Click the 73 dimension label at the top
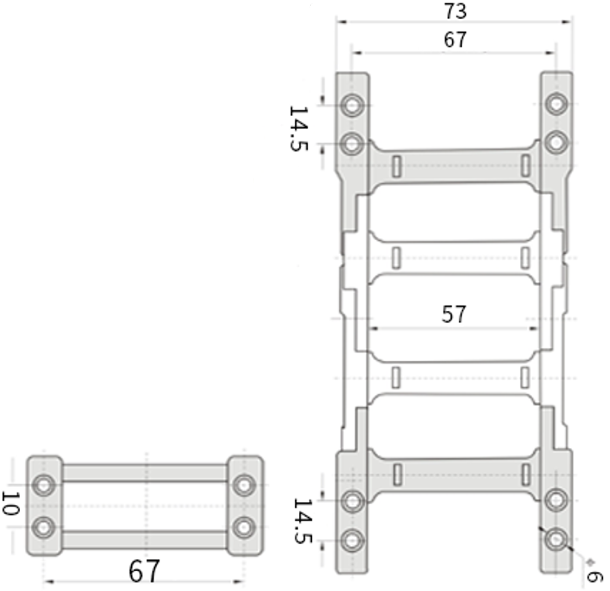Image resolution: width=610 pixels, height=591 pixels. click(x=455, y=11)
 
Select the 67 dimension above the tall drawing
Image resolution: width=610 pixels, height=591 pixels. click(x=455, y=39)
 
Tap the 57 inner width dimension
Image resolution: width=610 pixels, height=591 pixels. click(x=453, y=314)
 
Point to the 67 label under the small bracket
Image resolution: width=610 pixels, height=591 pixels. click(x=144, y=571)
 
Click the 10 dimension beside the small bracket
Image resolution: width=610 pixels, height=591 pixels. click(x=11, y=503)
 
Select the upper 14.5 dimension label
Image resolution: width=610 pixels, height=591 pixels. click(x=299, y=128)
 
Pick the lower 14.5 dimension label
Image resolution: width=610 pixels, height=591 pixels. click(x=303, y=521)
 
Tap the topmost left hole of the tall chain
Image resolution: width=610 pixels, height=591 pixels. click(x=353, y=105)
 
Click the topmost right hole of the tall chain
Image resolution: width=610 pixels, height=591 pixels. click(x=556, y=104)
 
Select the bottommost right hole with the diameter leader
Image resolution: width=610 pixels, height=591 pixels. click(x=556, y=540)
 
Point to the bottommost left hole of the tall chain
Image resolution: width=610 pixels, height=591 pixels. click(x=353, y=541)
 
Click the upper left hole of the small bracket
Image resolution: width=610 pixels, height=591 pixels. click(x=44, y=485)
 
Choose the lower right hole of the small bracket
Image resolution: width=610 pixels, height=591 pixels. click(x=244, y=528)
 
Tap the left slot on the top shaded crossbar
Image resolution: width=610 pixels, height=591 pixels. click(x=396, y=166)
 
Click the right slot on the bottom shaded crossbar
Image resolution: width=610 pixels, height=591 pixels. click(x=525, y=474)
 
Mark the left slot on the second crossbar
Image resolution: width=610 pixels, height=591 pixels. click(x=396, y=258)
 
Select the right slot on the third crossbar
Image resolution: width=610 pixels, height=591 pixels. click(x=525, y=377)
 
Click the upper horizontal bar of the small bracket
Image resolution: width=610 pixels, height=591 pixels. click(x=145, y=473)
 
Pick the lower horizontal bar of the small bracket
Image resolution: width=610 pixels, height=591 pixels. click(x=145, y=540)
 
